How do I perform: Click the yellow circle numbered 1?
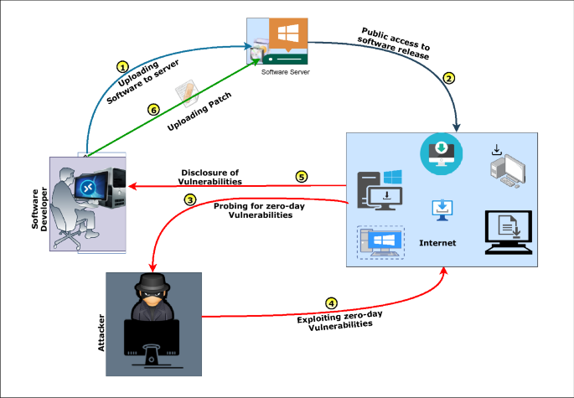click(123, 66)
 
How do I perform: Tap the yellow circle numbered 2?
click(449, 79)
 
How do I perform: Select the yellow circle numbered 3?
click(190, 199)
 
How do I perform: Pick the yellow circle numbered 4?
click(332, 302)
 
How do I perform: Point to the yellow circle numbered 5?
click(300, 177)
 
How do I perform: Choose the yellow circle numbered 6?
click(153, 109)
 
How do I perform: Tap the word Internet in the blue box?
click(437, 243)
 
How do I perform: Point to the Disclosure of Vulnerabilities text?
click(211, 177)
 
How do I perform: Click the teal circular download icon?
click(440, 152)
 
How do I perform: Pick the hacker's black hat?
click(154, 283)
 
